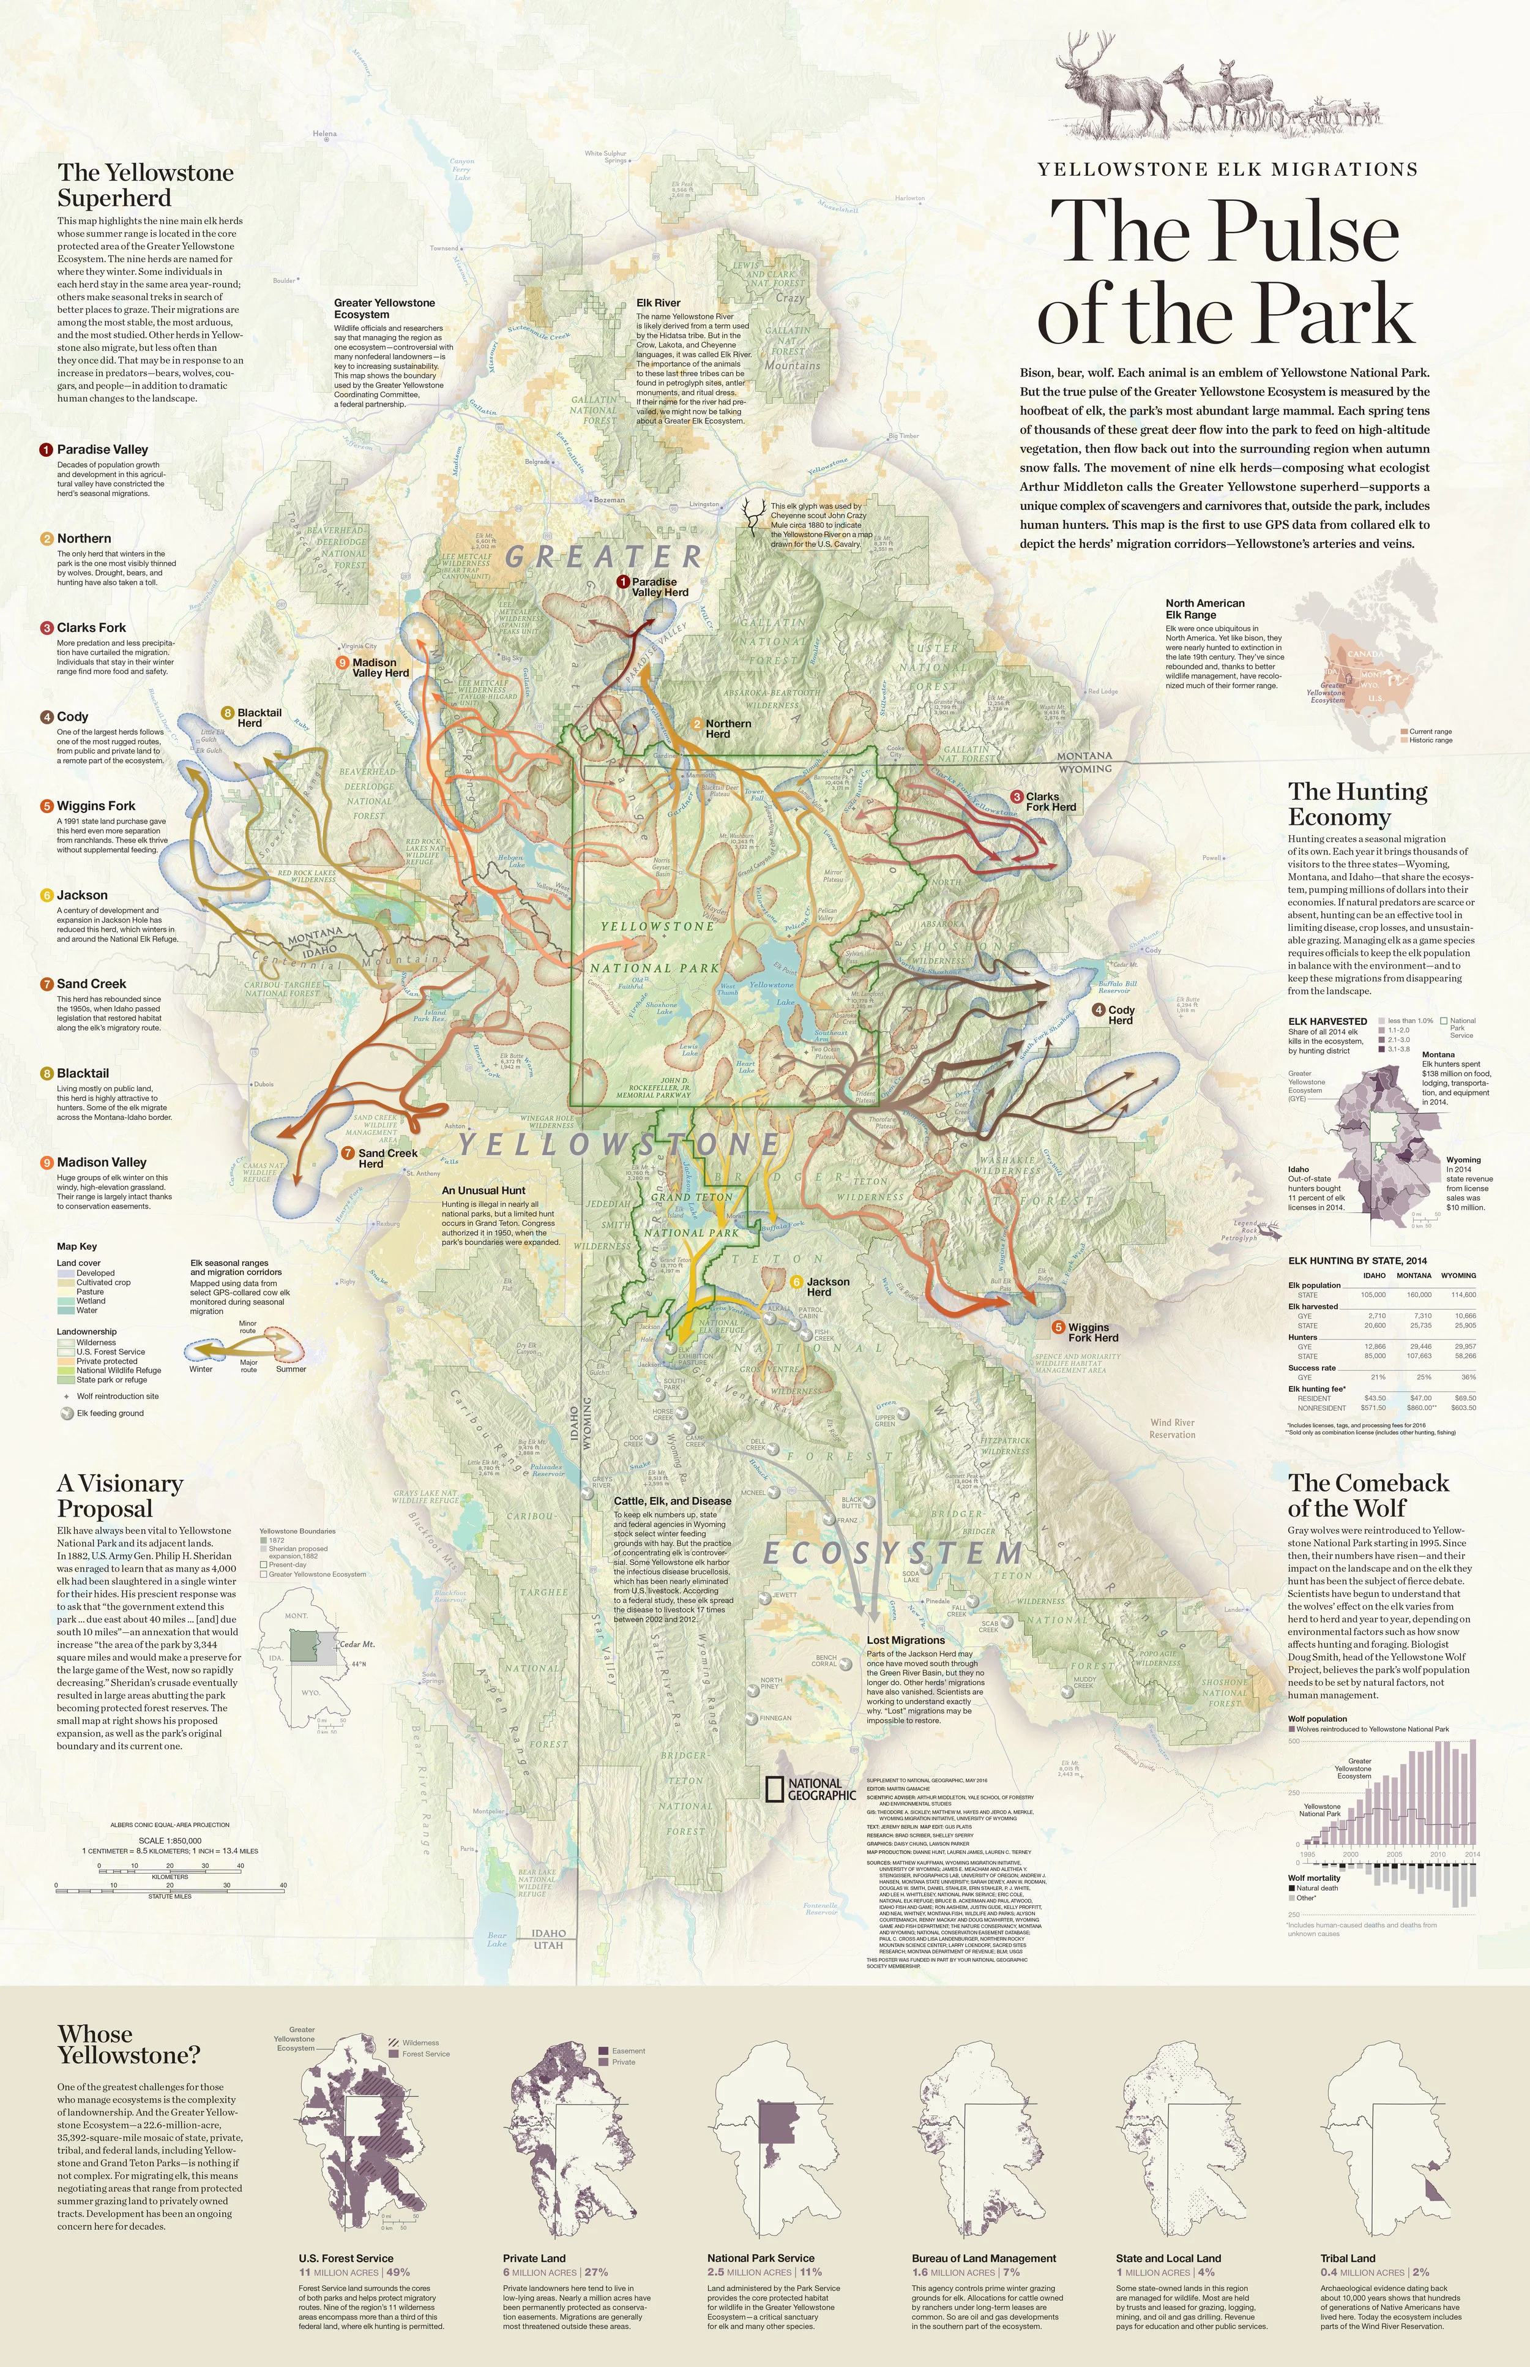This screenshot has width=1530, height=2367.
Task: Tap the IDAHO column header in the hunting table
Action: (x=1374, y=1275)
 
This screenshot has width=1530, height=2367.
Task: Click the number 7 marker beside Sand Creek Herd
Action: (x=348, y=1153)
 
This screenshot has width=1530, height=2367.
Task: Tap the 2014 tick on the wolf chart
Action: (x=1471, y=1855)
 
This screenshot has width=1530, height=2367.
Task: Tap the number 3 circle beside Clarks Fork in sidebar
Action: (x=47, y=628)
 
